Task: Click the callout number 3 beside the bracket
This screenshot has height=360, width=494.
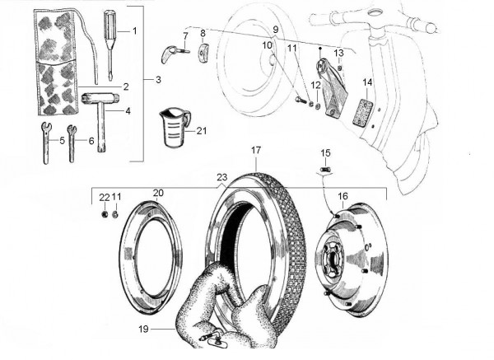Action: [158, 80]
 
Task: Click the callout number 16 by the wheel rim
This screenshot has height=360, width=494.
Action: [343, 197]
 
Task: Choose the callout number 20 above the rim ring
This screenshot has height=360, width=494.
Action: [158, 193]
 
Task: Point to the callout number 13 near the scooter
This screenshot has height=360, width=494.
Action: [338, 52]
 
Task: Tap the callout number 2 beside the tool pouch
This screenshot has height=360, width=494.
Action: [125, 86]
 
